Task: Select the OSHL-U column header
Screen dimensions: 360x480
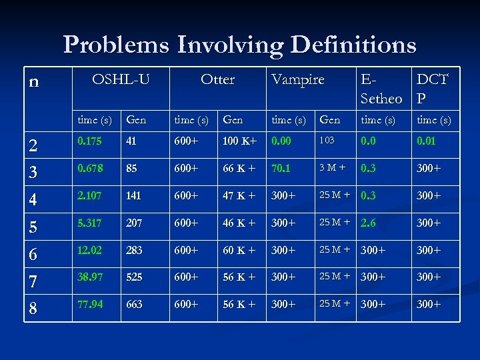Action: [121, 79]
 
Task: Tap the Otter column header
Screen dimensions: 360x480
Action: [218, 79]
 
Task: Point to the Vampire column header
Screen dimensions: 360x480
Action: [297, 79]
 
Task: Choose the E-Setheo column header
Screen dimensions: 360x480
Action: [381, 89]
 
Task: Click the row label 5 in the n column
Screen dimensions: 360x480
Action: [34, 227]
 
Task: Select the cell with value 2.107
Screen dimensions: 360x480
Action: [89, 195]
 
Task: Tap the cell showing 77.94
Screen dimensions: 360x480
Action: [89, 304]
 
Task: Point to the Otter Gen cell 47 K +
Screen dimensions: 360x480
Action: [239, 195]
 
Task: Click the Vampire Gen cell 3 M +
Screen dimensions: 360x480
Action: [331, 168]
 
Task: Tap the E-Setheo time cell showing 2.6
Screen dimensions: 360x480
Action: [369, 223]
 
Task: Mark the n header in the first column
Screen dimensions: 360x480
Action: [34, 81]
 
